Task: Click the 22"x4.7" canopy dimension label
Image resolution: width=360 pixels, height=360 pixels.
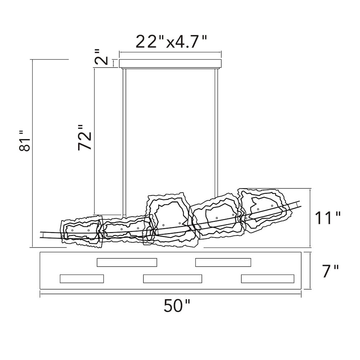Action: pyautogui.click(x=171, y=41)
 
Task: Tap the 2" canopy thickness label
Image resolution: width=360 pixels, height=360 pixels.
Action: pyautogui.click(x=101, y=57)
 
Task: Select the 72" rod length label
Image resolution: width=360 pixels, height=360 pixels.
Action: pyautogui.click(x=85, y=138)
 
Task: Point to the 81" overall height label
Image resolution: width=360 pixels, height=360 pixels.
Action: pyautogui.click(x=24, y=141)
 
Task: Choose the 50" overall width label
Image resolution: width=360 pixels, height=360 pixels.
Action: pyautogui.click(x=177, y=306)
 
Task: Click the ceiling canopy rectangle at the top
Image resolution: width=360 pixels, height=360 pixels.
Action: pyautogui.click(x=170, y=64)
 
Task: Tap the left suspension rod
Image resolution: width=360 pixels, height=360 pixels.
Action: pyautogui.click(x=124, y=143)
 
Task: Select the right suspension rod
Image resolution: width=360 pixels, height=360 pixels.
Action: pyautogui.click(x=216, y=133)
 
